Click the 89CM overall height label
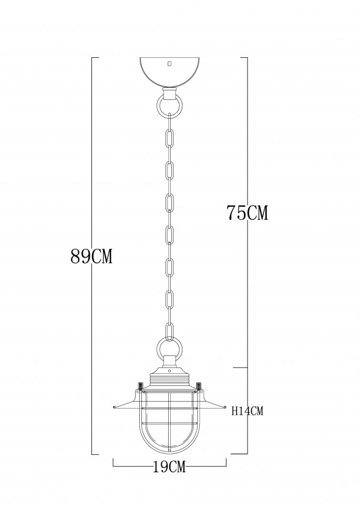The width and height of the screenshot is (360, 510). (92, 257)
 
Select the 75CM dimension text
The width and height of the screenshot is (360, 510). (247, 213)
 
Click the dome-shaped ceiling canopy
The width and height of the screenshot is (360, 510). (169, 71)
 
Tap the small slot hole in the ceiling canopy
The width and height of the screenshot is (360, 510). (169, 64)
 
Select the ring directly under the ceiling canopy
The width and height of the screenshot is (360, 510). (169, 105)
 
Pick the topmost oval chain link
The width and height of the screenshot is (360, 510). (169, 138)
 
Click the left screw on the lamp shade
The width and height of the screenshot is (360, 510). (140, 386)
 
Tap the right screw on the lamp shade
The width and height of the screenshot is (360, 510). (199, 386)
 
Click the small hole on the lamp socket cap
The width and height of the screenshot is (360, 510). (169, 370)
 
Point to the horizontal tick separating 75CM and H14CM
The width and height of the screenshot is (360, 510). (240, 368)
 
